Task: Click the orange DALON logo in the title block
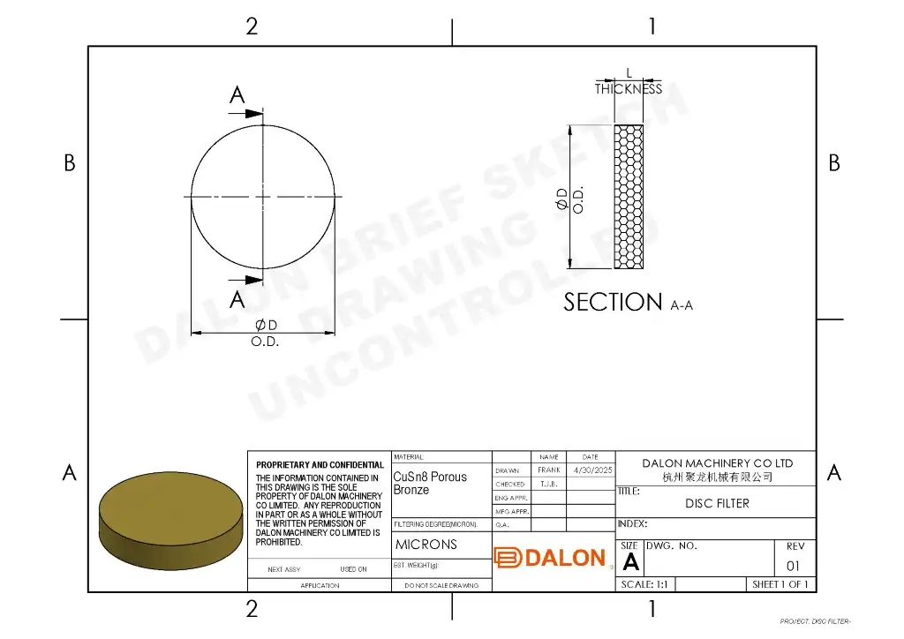(x=551, y=558)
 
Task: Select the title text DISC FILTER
(x=717, y=503)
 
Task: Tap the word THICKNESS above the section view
(x=628, y=89)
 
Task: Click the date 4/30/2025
(x=592, y=470)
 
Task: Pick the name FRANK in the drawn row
(x=549, y=470)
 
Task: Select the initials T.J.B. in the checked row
(x=549, y=485)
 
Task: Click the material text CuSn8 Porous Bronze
(x=430, y=483)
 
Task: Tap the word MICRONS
(x=426, y=545)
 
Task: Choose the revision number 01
(x=793, y=566)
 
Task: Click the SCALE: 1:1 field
(x=649, y=584)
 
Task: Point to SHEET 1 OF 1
(x=780, y=584)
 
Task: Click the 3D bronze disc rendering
(x=170, y=521)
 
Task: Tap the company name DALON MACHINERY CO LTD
(x=717, y=462)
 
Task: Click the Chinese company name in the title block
(x=717, y=477)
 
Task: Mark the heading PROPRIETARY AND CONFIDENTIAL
(x=320, y=465)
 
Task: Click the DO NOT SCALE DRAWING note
(x=441, y=585)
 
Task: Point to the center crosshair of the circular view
(x=263, y=196)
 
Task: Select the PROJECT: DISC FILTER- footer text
(x=815, y=621)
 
